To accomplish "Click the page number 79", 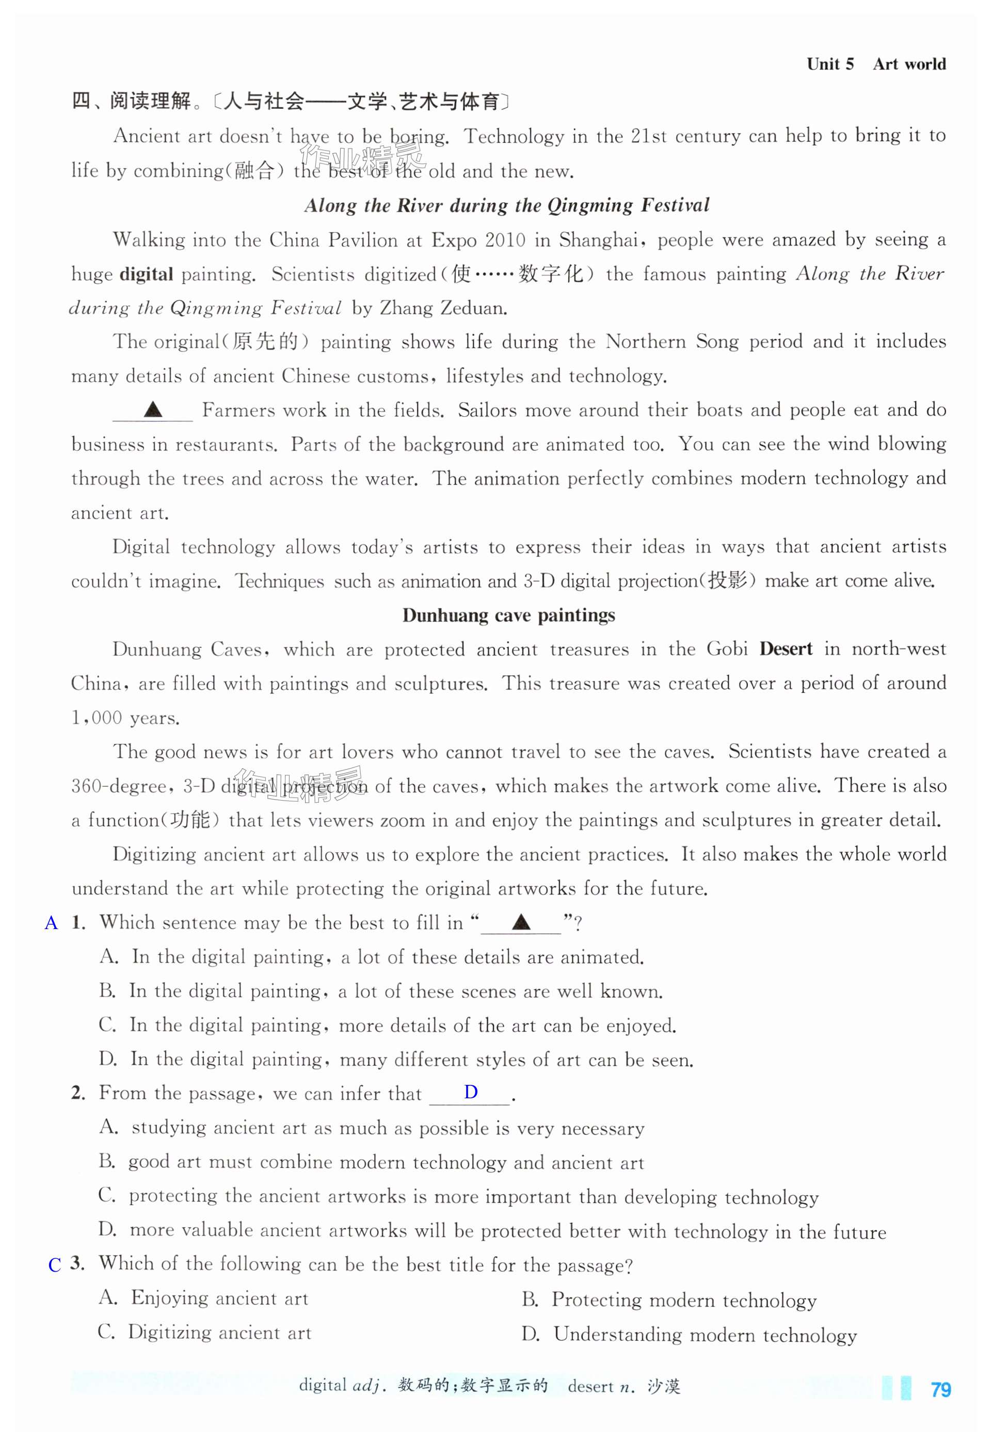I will (x=940, y=1389).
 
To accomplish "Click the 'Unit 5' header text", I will (x=830, y=64).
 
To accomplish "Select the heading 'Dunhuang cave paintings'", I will (x=508, y=615).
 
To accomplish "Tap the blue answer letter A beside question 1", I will (x=51, y=923).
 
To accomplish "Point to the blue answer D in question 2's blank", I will (x=471, y=1092).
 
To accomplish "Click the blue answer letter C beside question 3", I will (x=55, y=1265).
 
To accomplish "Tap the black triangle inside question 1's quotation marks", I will (x=521, y=922).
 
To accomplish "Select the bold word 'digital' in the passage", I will (x=146, y=274).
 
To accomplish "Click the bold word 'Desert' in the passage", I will (x=786, y=649).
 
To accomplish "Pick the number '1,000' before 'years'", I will (x=97, y=718).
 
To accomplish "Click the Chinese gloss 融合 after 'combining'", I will (x=254, y=172).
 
